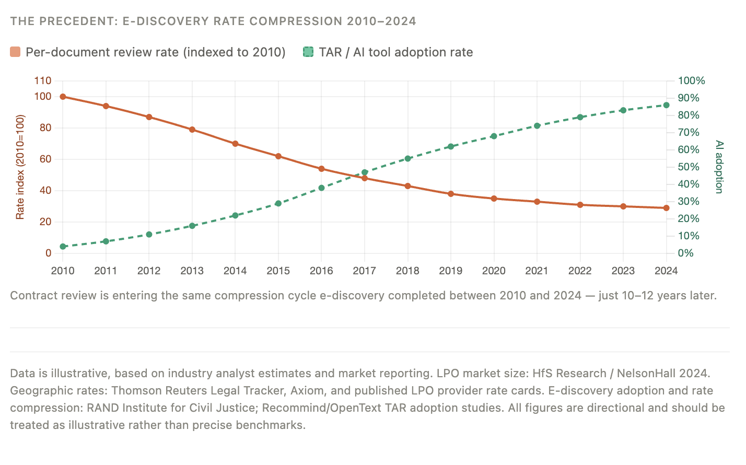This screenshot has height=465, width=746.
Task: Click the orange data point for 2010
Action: click(x=63, y=97)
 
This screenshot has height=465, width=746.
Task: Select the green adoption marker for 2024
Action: click(x=666, y=105)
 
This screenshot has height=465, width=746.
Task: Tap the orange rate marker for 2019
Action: click(x=451, y=194)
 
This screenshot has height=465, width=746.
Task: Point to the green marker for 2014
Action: click(x=235, y=215)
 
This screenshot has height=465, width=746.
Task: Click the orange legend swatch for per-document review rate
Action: click(x=15, y=52)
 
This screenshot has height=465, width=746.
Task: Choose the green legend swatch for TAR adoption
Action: click(x=308, y=52)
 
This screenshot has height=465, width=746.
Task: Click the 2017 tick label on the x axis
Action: click(x=364, y=271)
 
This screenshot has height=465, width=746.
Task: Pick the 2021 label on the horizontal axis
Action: click(x=537, y=271)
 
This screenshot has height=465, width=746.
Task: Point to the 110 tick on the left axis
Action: click(x=43, y=80)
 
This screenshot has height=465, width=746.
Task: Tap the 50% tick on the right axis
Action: click(x=688, y=167)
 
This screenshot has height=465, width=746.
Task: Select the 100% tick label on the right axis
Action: click(x=691, y=80)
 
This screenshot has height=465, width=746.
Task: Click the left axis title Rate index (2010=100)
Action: click(x=20, y=167)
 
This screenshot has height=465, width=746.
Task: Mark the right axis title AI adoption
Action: click(x=719, y=167)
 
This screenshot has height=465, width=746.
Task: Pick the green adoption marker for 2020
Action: click(x=494, y=136)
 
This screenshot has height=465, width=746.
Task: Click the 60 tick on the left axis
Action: click(x=45, y=159)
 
